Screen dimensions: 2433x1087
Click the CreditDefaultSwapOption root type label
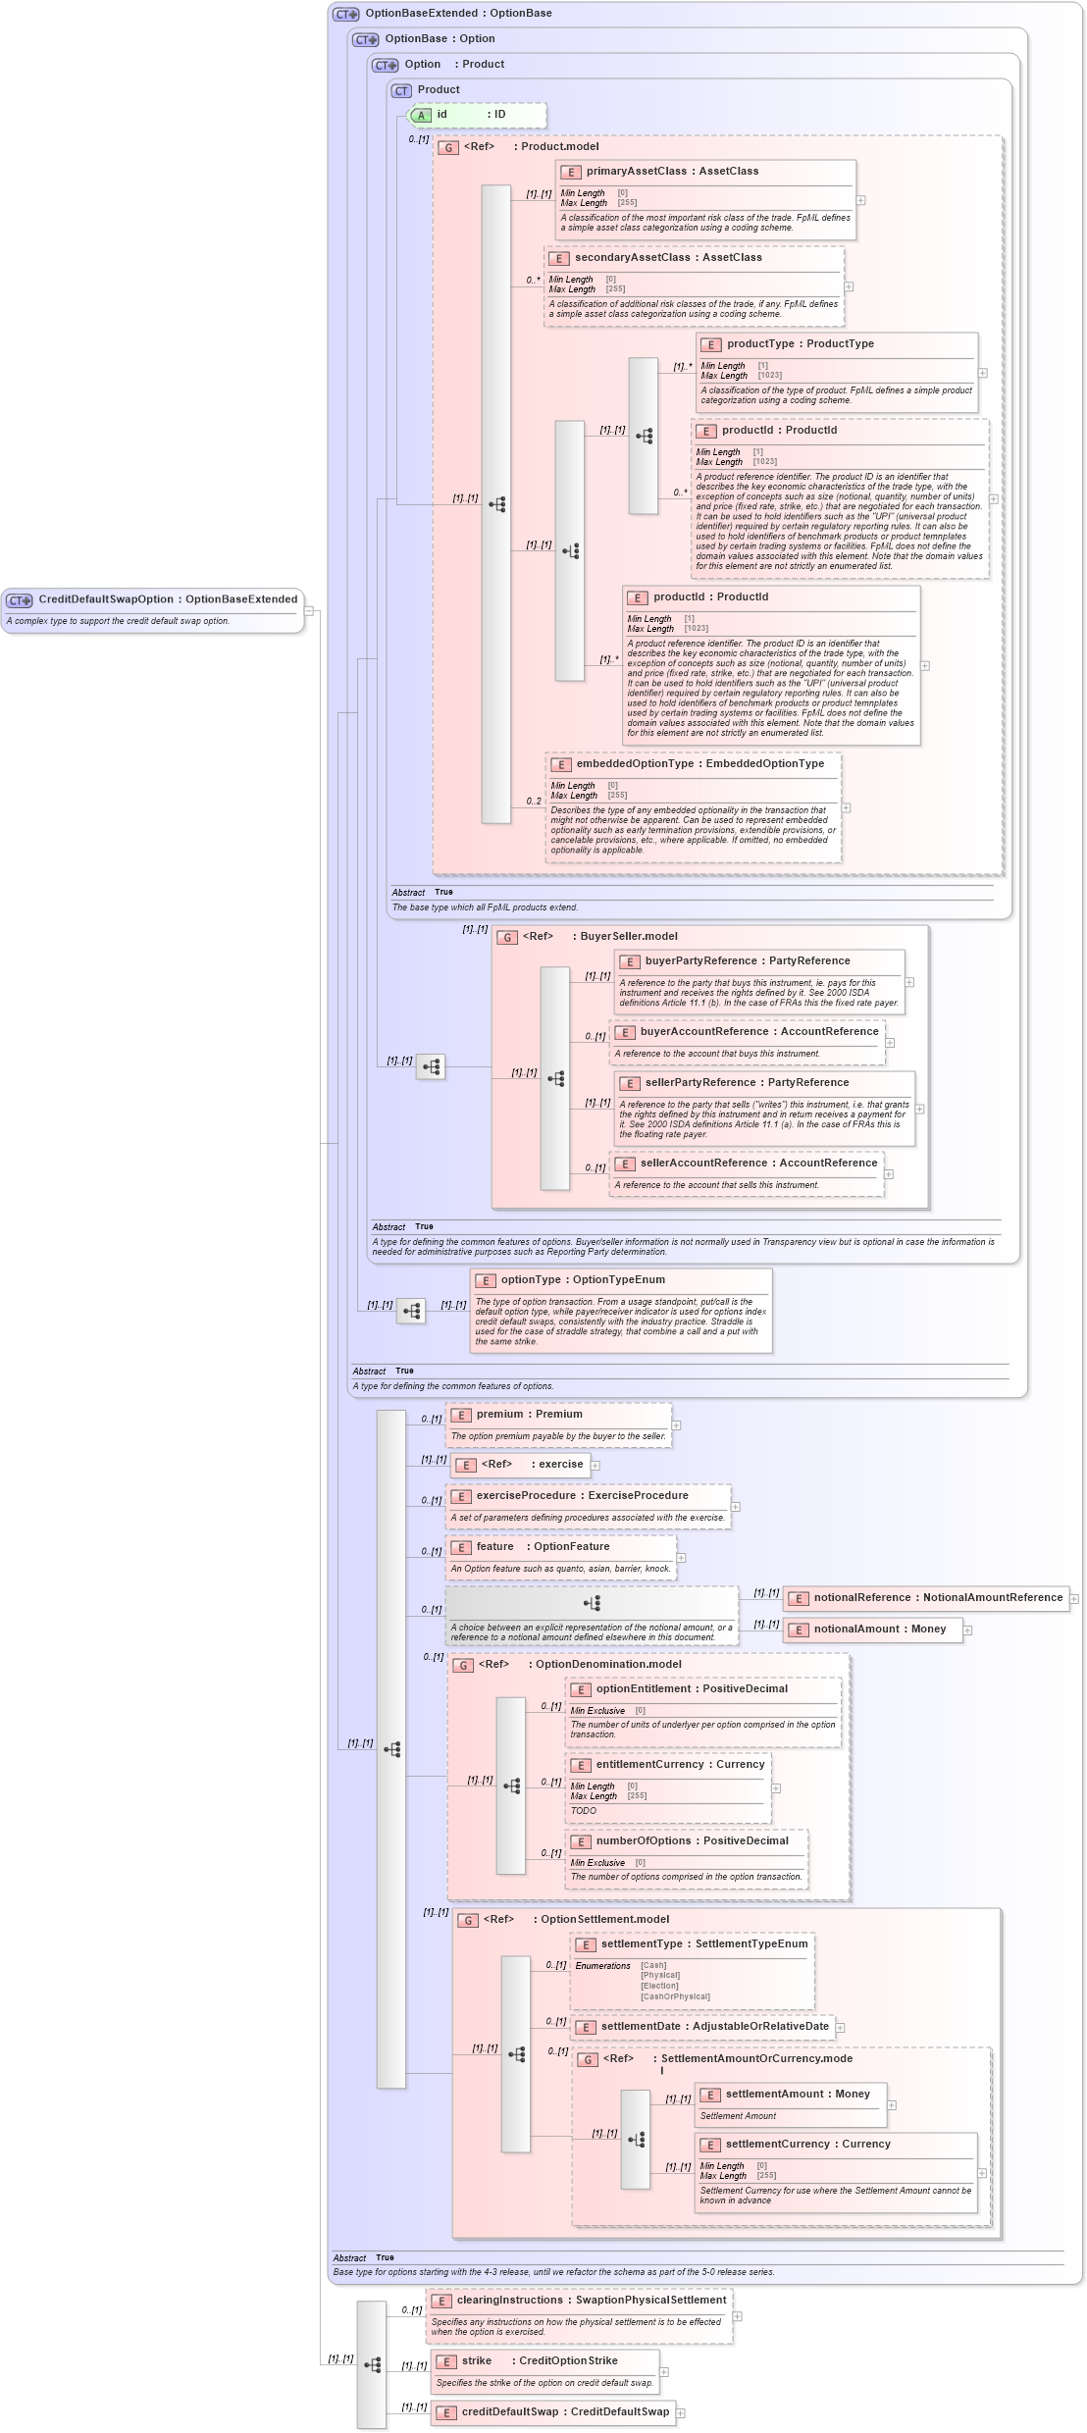[167, 599]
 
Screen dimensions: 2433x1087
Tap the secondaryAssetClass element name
[632, 258]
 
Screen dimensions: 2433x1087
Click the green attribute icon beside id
[421, 116]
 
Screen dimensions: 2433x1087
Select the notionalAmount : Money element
[879, 1630]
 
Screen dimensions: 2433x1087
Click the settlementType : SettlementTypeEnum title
[704, 1944]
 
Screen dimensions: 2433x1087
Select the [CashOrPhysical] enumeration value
[675, 1996]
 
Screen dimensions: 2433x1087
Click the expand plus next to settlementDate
[840, 2028]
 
